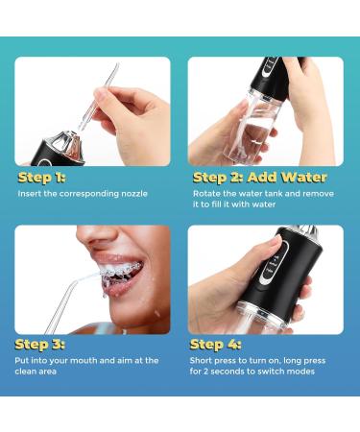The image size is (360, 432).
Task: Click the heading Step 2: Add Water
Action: point(259,177)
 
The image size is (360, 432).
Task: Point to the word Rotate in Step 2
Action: point(206,193)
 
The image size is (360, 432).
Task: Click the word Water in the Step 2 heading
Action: point(302,177)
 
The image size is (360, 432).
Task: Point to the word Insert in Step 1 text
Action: point(29,194)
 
